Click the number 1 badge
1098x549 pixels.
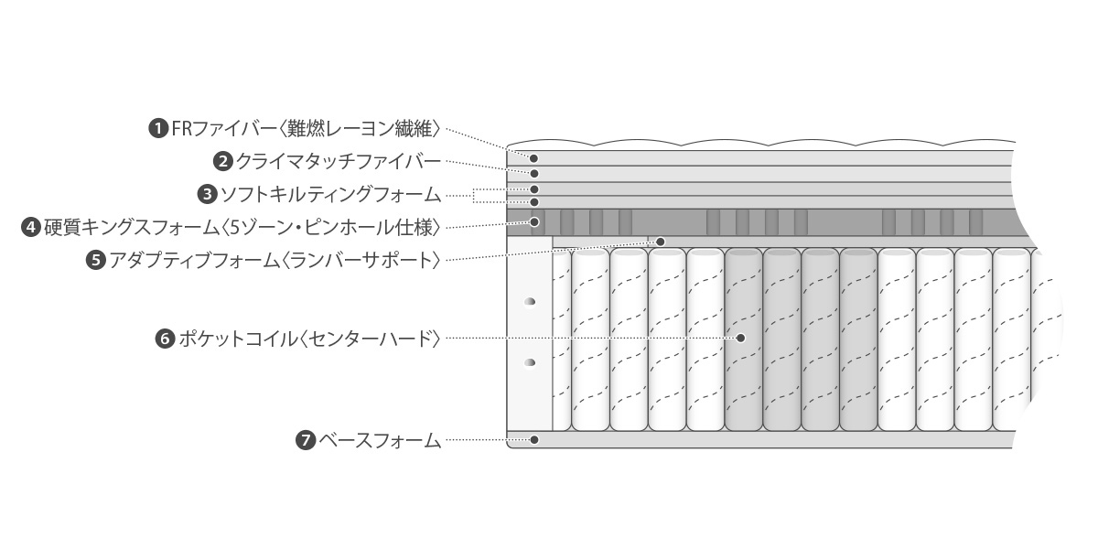click(x=159, y=128)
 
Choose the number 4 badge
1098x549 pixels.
click(x=31, y=226)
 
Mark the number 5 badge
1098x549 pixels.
click(x=96, y=260)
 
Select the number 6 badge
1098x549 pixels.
click(x=166, y=339)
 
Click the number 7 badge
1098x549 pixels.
click(x=306, y=440)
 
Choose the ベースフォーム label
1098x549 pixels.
click(x=379, y=440)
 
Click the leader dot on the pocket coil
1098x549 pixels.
click(x=740, y=338)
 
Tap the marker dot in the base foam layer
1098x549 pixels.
click(x=534, y=440)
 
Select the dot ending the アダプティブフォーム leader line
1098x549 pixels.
click(x=660, y=242)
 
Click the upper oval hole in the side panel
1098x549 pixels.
click(x=529, y=302)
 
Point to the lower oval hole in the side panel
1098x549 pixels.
click(x=529, y=363)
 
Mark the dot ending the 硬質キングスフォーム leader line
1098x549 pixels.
click(x=535, y=221)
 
